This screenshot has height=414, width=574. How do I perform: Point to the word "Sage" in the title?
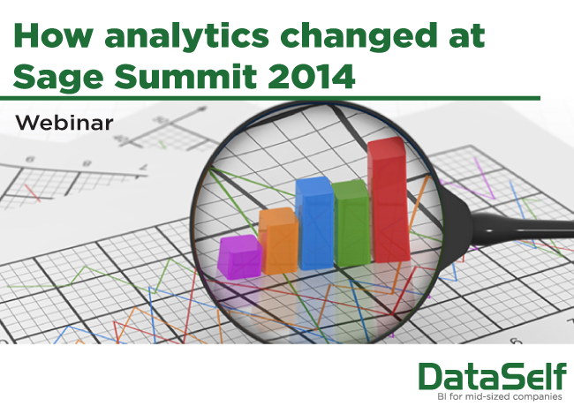58,78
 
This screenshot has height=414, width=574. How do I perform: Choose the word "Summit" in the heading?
185,77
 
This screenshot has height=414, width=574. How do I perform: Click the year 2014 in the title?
312,77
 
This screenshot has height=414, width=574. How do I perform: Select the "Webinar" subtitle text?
64,123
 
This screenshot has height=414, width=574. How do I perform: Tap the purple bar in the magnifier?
239,257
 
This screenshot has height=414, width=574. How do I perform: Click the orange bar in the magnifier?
279,241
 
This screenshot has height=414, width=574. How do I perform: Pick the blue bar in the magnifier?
315,223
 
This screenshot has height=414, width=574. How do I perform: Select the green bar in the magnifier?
351,223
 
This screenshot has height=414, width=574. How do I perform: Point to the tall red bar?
389,199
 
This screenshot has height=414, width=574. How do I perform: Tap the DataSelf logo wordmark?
493,377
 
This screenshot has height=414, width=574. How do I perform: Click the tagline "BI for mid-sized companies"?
500,397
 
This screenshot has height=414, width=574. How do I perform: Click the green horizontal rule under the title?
270,98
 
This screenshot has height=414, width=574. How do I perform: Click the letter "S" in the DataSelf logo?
505,377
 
